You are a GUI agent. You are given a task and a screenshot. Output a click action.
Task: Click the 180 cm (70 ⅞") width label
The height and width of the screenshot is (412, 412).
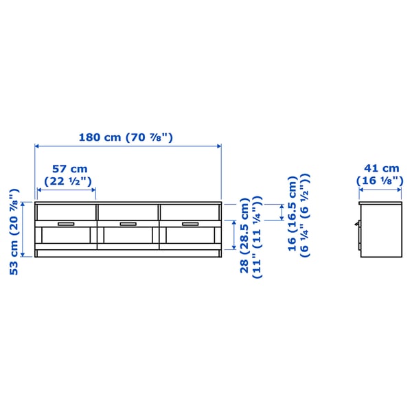[x=128, y=137]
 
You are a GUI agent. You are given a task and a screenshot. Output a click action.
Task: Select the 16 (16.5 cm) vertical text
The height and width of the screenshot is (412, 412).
[x=292, y=213]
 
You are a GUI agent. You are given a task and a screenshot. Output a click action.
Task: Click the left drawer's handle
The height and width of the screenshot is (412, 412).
[x=66, y=223]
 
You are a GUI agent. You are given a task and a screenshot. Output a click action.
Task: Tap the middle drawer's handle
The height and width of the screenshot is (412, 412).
[x=128, y=223]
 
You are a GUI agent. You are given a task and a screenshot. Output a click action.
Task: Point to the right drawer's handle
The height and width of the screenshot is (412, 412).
[x=190, y=223]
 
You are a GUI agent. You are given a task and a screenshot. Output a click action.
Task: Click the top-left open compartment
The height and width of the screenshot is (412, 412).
[x=66, y=211]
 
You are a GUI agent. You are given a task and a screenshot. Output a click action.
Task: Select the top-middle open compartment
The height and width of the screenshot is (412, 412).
[x=128, y=211]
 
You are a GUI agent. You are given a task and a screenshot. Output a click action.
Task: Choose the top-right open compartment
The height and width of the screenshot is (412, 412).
[x=190, y=211]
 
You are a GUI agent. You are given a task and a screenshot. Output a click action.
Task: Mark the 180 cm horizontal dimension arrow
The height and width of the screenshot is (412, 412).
[x=128, y=146]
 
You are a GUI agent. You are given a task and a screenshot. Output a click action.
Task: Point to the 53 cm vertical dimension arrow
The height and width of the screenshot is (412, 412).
[x=23, y=229]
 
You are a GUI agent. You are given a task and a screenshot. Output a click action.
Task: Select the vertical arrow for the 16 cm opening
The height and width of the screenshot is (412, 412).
[x=279, y=212]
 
